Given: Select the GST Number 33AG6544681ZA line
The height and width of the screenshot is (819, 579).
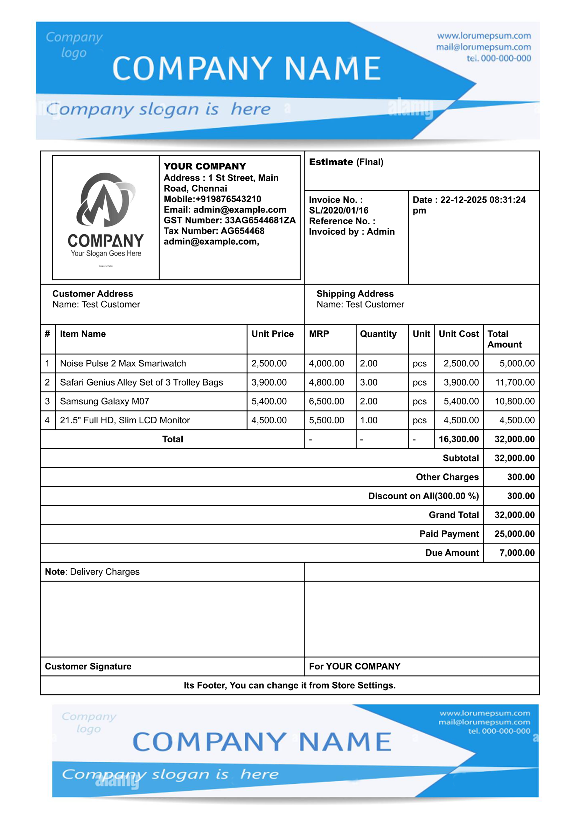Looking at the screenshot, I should (x=229, y=220).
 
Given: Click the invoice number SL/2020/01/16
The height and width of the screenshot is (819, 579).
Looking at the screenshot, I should (x=339, y=210).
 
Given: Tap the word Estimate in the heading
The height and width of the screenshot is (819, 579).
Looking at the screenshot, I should (x=331, y=162).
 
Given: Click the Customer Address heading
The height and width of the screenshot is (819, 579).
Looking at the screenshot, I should (x=93, y=293).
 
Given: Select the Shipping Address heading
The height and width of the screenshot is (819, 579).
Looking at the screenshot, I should (x=355, y=293).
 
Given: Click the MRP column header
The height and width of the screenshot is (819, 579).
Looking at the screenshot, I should (x=319, y=334).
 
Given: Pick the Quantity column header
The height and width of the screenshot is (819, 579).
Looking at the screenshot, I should (x=378, y=334).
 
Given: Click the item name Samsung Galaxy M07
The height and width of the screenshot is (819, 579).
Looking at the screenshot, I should (x=104, y=401).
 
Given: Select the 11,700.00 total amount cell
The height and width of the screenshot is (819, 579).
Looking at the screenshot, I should (x=515, y=382).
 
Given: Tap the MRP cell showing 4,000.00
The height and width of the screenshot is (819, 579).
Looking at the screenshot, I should (x=326, y=363).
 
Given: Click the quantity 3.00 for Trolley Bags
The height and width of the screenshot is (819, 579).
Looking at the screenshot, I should (x=368, y=382).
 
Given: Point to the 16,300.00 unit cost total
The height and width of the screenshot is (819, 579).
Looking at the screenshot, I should (x=459, y=439).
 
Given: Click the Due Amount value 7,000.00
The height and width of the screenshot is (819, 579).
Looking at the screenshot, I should (x=517, y=553).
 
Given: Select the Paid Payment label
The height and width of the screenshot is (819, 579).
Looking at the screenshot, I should (x=449, y=534).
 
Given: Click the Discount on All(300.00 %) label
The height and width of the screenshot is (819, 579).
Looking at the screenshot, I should (x=423, y=496).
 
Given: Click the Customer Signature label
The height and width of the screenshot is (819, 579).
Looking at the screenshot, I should (x=88, y=666).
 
